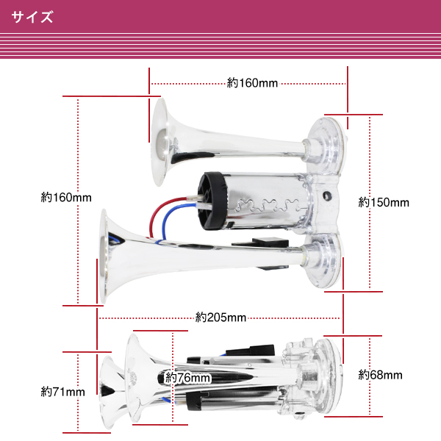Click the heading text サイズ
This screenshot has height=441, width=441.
[32, 17]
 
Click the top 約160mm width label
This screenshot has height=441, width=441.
[252, 83]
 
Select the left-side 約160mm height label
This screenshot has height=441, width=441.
[66, 197]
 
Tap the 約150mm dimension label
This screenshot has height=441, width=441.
[384, 202]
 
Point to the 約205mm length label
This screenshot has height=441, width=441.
[220, 318]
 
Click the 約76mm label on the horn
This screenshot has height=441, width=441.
[187, 378]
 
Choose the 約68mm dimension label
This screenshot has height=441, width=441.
[380, 375]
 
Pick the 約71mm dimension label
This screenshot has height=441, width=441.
[62, 392]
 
